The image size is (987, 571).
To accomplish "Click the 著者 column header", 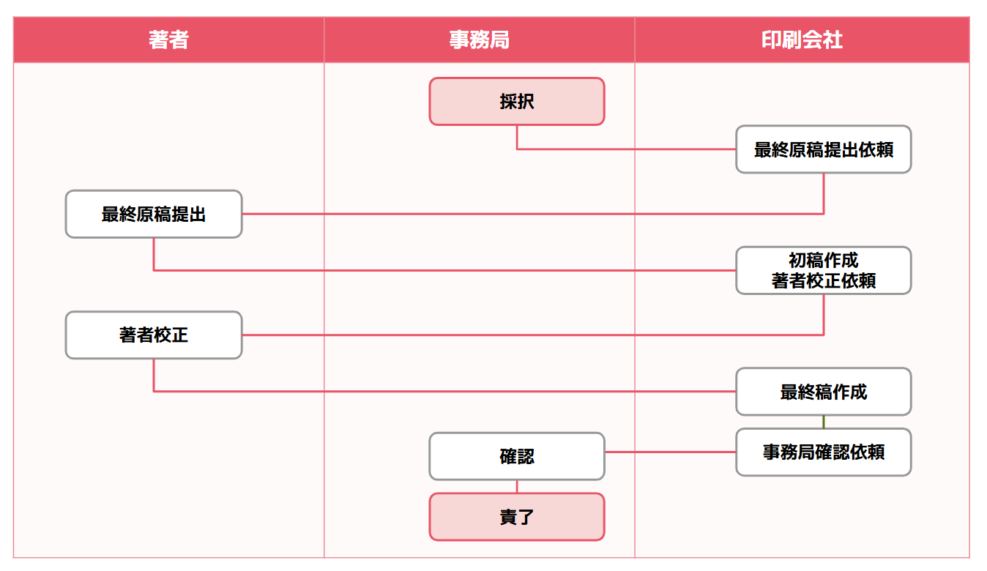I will click(168, 40).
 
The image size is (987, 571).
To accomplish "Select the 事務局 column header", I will click(479, 40).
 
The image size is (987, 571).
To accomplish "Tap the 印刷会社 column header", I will click(802, 40).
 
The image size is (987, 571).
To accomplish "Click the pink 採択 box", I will click(517, 102).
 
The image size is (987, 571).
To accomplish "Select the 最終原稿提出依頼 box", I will click(823, 149).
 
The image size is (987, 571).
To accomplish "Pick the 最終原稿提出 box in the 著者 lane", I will click(154, 214).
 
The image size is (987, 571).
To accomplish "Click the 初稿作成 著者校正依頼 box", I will click(823, 271).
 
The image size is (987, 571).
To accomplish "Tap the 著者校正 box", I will click(154, 335).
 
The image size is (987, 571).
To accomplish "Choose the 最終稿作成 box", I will click(823, 392).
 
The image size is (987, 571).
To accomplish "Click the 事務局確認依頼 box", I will click(823, 452).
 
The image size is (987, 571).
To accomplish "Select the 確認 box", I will click(517, 456).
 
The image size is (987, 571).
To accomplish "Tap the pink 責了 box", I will click(517, 517).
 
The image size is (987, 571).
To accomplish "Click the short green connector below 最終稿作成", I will click(824, 422).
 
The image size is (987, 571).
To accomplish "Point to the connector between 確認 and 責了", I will click(517, 486).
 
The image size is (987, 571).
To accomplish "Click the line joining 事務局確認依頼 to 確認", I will click(670, 452).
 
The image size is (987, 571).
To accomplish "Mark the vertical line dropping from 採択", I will click(517, 138).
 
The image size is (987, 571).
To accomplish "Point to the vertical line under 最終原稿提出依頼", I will click(824, 193).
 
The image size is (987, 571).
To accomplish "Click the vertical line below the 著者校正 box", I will click(154, 375).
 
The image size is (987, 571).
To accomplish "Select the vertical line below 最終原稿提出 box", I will click(154, 254).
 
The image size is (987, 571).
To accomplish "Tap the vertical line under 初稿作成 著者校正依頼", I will click(824, 315).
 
